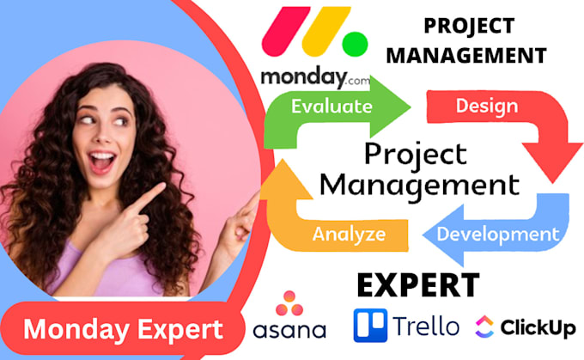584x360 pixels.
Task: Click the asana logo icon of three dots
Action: tap(289, 302)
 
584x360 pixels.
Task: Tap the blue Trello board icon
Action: tap(370, 326)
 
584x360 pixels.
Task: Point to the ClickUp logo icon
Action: tap(484, 326)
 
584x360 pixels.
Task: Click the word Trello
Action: tap(428, 326)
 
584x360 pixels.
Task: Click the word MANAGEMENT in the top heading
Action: tap(484, 56)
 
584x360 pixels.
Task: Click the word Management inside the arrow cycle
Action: tap(424, 184)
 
